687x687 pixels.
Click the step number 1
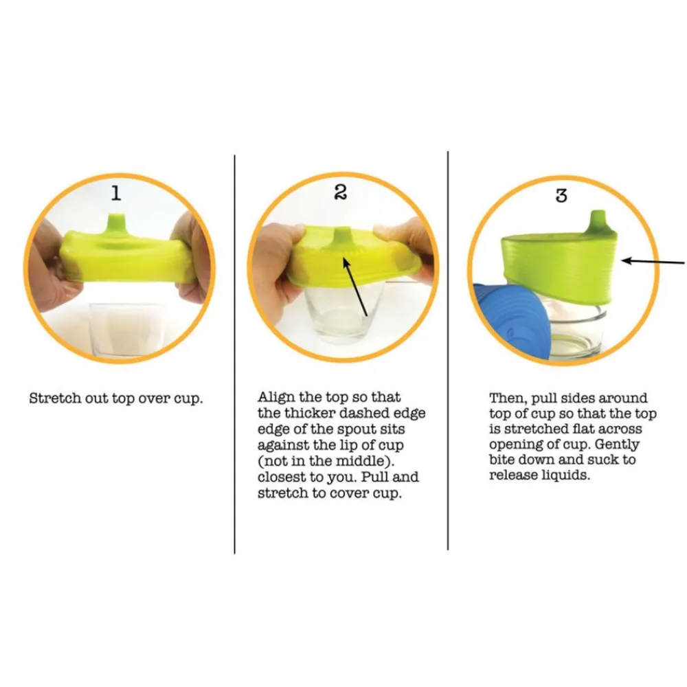[x=115, y=193]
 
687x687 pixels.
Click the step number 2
[x=341, y=192]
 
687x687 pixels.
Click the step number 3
[x=561, y=195]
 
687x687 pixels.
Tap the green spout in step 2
[x=342, y=236]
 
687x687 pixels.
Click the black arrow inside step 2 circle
[x=355, y=286]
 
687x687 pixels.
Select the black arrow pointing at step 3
[x=653, y=262]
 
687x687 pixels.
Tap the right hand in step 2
[x=405, y=254]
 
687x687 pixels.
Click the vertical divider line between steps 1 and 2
[x=234, y=354]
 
